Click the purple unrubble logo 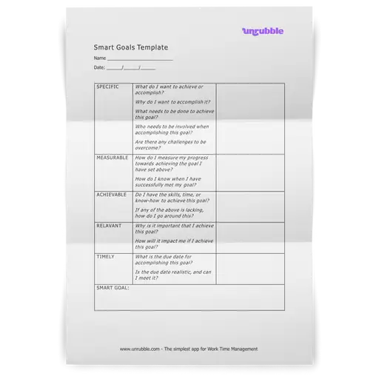tap(262, 30)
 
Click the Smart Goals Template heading tap(126, 47)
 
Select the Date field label tap(100, 67)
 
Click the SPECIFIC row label tap(108, 87)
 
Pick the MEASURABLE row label tap(113, 158)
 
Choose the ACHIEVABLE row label tap(113, 194)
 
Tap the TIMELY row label tap(105, 256)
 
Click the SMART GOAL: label tap(113, 287)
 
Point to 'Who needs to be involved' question tap(173, 129)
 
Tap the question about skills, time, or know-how tap(173, 197)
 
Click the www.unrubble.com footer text tap(189, 349)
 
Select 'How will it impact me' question tap(174, 243)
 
